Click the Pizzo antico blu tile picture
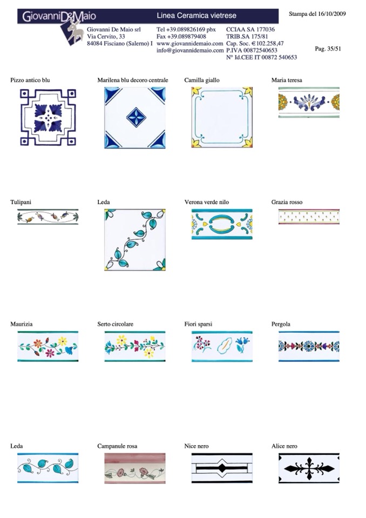pos(48,117)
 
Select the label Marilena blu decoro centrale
pos(133,80)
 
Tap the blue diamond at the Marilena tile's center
pos(136,117)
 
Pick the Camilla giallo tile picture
pos(222,117)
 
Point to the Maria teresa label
pos(287,80)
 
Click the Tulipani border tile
pos(48,217)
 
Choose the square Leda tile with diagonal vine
pos(135,240)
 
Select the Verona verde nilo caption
pos(207,202)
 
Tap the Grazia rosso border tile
pos(309,217)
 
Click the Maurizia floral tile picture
pos(48,346)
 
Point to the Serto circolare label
pos(115,324)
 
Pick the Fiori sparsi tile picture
pos(222,346)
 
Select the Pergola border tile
pos(309,346)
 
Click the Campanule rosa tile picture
pos(135,468)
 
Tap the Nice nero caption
pos(196,446)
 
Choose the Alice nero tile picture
pos(309,468)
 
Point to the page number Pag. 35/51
pos(328,49)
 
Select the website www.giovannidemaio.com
pos(190,44)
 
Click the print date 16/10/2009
pos(331,14)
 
